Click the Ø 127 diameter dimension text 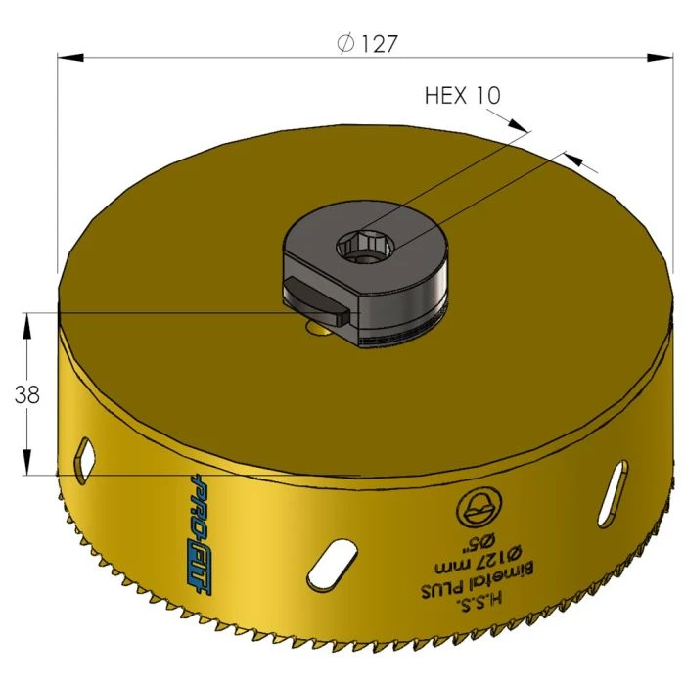coord(368,44)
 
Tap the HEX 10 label coord(462,95)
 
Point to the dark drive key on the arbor coord(315,302)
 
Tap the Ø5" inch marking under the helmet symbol coord(478,540)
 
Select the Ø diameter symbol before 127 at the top coord(344,44)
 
